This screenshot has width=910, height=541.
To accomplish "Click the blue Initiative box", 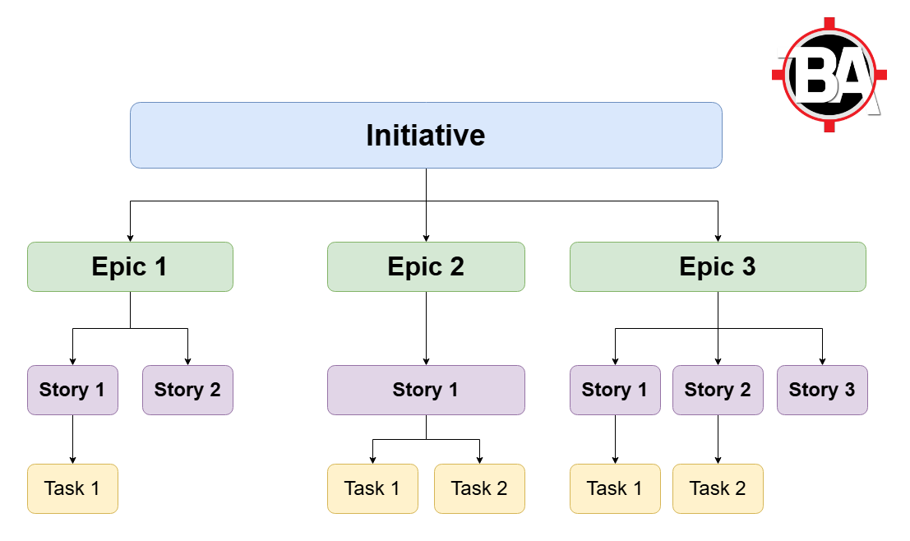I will [426, 136].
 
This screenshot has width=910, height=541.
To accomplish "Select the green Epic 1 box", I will [130, 267].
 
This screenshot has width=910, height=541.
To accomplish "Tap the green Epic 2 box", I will [426, 267].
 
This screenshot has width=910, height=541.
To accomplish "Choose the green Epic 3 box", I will [718, 267].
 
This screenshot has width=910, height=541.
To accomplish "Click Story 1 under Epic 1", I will [72, 390].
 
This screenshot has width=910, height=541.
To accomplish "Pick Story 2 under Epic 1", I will [187, 390].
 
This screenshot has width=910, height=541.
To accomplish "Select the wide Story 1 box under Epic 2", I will [426, 390].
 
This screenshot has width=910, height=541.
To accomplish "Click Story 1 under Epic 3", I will [615, 390].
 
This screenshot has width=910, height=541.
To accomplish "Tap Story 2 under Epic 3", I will [718, 390].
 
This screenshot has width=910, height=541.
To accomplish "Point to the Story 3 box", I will [822, 390].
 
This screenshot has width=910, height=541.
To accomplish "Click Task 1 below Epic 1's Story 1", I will [72, 488].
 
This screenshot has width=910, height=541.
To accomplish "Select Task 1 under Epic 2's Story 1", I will [372, 488].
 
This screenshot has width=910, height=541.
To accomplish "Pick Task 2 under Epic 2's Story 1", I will [479, 488].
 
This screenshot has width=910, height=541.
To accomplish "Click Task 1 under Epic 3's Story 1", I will [615, 488].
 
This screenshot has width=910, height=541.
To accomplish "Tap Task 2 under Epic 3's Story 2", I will [718, 488].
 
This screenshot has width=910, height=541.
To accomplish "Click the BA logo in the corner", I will [829, 74].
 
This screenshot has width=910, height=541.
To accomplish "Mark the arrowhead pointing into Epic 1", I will [130, 238].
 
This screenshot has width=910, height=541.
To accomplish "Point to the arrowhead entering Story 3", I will [822, 361].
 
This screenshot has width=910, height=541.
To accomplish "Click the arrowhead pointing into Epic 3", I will [718, 238].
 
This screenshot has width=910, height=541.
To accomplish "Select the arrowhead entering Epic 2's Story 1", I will [426, 361].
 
